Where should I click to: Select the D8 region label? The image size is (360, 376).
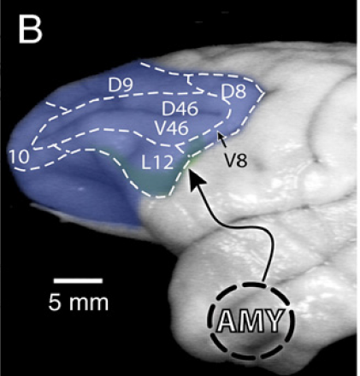point(233,91)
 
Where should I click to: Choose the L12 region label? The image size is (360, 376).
point(158,160)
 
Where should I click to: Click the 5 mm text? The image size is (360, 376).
point(79,302)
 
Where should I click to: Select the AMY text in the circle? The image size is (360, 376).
point(252,323)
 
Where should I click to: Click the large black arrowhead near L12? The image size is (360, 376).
point(195,178)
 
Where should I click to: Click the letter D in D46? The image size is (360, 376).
point(168,109)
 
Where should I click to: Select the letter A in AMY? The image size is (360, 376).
point(228,323)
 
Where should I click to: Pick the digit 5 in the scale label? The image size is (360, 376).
point(56,302)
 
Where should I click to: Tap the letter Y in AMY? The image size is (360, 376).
point(279,323)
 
